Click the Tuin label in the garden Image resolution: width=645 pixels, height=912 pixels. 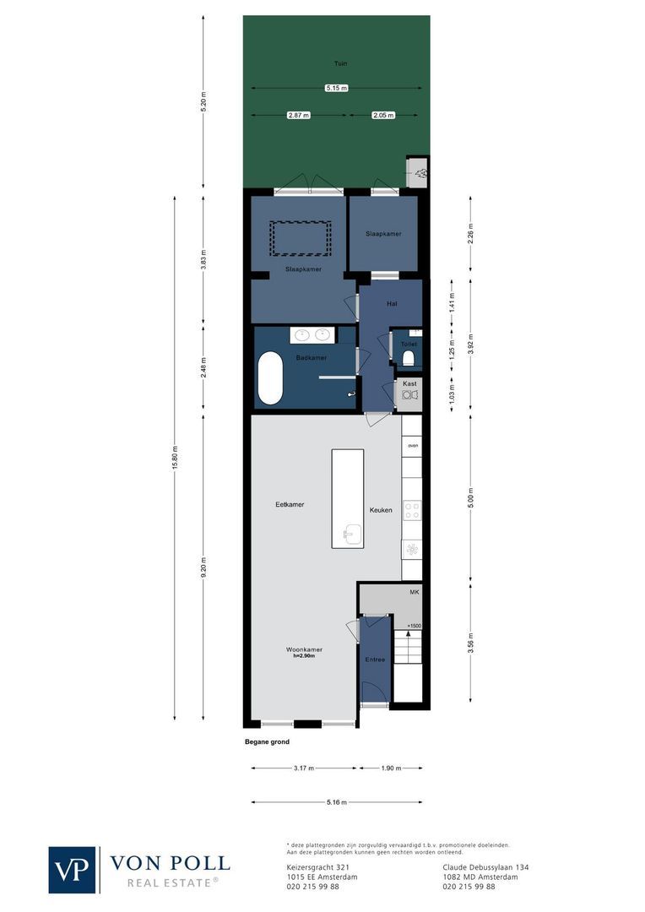tap(339, 63)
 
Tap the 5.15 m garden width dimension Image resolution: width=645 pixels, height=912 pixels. tap(337, 88)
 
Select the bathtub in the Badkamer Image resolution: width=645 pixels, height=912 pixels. tap(270, 378)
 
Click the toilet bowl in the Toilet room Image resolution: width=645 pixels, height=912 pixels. tap(409, 359)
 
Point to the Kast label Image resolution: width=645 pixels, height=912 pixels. tap(409, 383)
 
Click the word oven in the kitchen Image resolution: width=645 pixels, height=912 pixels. tap(413, 445)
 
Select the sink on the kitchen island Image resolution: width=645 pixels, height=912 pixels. tap(353, 534)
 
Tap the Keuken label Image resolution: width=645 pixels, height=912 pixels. tap(380, 510)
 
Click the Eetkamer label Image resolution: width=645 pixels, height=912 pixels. tap(290, 505)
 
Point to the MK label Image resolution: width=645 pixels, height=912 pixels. tap(415, 593)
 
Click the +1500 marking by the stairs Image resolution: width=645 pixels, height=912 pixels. tap(414, 626)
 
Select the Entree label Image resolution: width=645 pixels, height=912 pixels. tap(375, 660)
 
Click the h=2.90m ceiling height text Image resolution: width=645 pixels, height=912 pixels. tap(308, 656)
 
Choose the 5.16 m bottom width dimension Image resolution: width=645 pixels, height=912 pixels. tap(336, 802)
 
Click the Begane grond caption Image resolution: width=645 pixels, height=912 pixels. tap(267, 742)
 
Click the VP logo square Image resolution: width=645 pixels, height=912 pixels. tap(73, 869)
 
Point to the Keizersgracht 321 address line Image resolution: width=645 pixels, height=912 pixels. tap(313, 866)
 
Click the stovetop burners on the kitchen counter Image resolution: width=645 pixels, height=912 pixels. tap(412, 509)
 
